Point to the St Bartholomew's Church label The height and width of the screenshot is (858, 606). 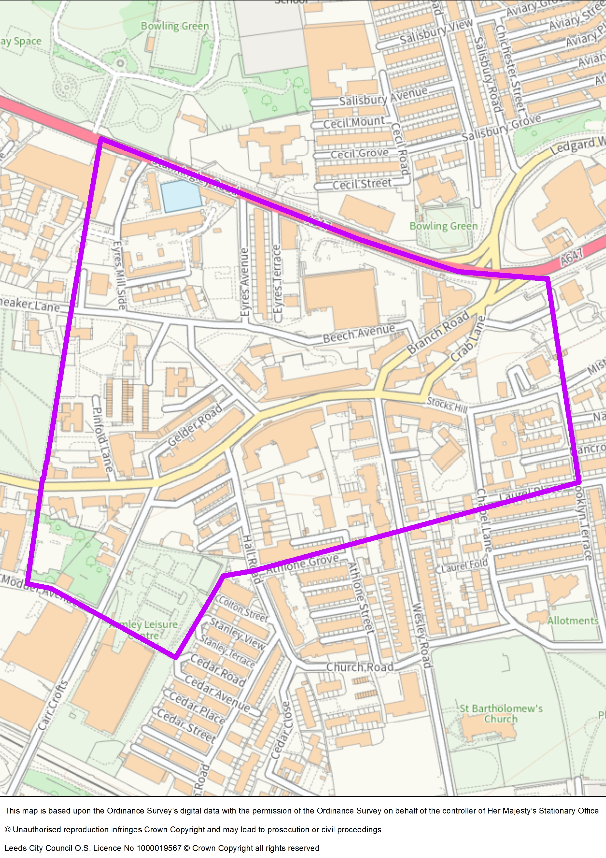coord(501,713)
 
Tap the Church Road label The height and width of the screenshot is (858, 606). coord(360,667)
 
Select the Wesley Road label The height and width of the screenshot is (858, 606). coord(422,635)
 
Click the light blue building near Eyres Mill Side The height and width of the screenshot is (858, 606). coord(181,196)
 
